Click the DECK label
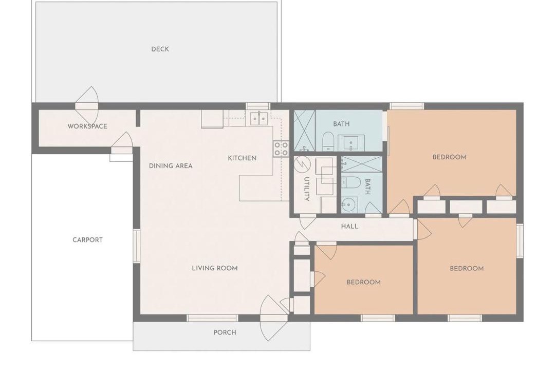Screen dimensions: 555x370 tap(160, 49)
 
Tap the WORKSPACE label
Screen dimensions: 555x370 tap(87, 126)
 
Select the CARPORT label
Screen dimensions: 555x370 tap(87, 239)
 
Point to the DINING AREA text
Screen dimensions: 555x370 tap(171, 165)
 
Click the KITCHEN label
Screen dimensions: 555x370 tap(242, 158)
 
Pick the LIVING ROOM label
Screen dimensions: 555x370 tap(214, 268)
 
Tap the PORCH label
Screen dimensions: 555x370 tap(225, 332)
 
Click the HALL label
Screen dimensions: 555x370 tap(349, 226)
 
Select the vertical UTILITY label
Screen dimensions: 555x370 tap(307, 189)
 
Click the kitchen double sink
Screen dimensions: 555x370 tap(259, 119)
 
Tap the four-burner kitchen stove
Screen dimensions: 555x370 tap(281, 149)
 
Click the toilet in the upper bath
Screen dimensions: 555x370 tap(328, 141)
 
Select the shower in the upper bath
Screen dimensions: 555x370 tap(305, 131)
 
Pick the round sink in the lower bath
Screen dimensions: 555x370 tap(348, 205)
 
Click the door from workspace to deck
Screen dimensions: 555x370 tap(87, 104)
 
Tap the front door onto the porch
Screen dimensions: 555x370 tap(274, 318)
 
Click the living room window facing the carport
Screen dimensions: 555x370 tap(136, 246)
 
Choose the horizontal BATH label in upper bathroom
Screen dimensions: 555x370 tap(341, 124)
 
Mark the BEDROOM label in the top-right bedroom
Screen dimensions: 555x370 tap(449, 157)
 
